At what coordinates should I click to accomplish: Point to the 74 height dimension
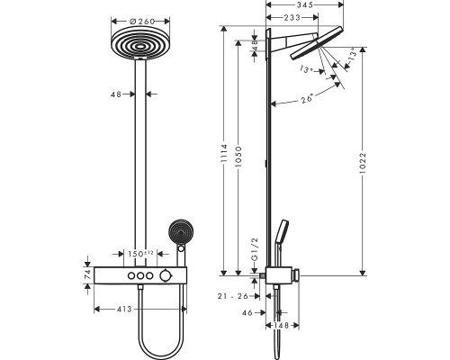(x=87, y=276)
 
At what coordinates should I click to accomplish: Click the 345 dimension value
(x=304, y=5)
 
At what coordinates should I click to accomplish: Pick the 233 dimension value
(x=292, y=17)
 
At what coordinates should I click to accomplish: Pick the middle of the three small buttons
(x=140, y=275)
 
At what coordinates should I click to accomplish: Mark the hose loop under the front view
(x=162, y=337)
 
